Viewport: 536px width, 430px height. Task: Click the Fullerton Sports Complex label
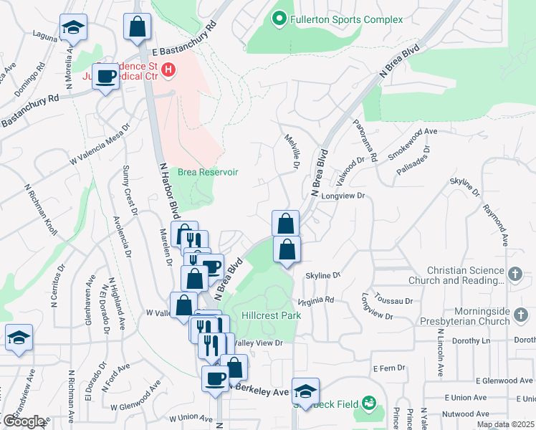point(346,19)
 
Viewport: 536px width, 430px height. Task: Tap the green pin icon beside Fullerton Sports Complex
point(279,19)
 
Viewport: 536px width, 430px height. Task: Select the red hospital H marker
point(168,70)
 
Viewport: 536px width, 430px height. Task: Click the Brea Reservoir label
point(208,172)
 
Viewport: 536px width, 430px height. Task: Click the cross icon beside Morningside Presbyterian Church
point(522,314)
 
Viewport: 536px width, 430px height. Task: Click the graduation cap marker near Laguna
point(72,28)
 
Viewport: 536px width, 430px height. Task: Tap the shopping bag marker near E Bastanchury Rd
point(137,27)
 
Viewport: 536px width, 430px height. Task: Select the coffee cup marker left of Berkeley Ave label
point(215,379)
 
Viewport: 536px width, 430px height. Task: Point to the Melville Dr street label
point(292,152)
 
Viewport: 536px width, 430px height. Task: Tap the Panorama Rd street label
point(364,140)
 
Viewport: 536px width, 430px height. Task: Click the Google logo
point(24,421)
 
